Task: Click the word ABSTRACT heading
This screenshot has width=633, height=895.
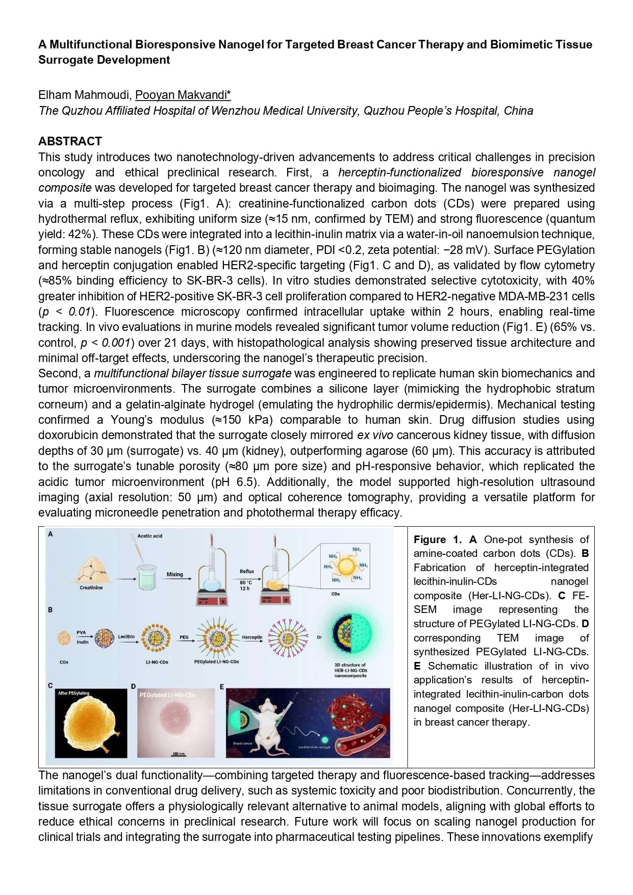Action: (70, 141)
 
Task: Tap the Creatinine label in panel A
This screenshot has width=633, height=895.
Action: (91, 587)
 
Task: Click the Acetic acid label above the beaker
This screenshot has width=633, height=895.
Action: (149, 535)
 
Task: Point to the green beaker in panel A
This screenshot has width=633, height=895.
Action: (147, 579)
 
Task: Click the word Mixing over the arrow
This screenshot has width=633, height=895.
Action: (174, 574)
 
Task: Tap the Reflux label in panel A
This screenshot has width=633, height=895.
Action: (247, 571)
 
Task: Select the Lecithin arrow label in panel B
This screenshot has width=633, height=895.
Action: (126, 636)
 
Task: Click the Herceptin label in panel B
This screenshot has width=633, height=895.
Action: (252, 637)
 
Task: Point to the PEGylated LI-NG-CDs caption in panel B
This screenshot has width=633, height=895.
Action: (216, 661)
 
